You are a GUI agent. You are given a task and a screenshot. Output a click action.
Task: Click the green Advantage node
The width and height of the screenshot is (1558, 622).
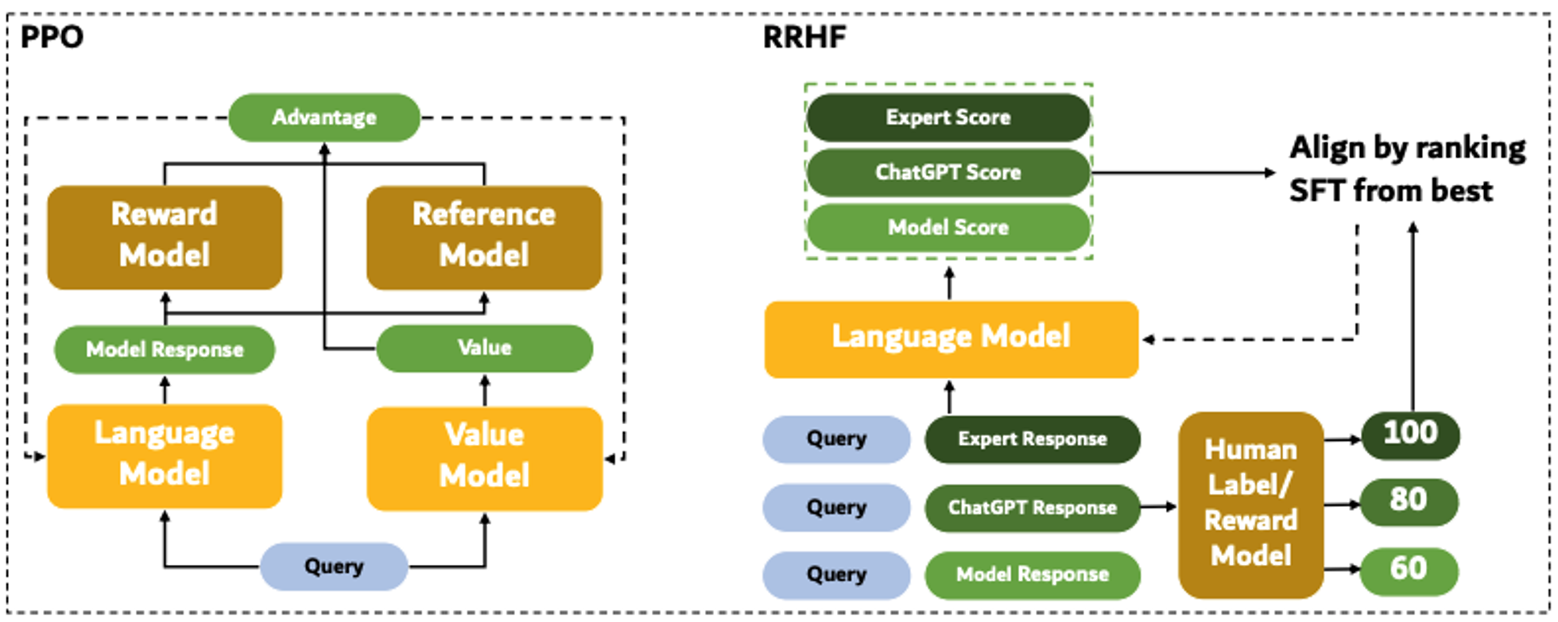324,118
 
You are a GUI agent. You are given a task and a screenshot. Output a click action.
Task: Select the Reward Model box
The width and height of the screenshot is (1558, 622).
165,237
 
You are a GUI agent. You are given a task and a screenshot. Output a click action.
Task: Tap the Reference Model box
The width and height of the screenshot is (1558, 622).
484,237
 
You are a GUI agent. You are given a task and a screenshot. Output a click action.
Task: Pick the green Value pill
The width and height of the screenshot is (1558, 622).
484,348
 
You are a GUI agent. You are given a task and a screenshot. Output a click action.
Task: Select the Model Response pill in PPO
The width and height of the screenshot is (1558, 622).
165,350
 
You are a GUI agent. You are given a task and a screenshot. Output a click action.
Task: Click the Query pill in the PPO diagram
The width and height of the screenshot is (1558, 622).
334,566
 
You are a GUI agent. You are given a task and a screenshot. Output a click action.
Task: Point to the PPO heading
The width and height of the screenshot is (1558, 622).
52,37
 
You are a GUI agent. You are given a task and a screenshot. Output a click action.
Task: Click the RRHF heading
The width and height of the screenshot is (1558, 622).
804,37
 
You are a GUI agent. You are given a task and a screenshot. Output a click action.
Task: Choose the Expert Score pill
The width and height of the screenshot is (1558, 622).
948,118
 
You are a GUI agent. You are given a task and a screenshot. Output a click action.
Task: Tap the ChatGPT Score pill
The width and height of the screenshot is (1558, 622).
948,172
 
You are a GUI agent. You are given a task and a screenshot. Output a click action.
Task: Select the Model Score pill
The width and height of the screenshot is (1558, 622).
948,228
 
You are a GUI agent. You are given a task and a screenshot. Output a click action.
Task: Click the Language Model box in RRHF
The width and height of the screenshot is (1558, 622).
951,339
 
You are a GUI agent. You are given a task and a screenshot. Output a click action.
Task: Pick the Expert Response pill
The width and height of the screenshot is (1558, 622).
1033,439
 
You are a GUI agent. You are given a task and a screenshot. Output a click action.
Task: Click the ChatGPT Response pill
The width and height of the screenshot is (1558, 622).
1033,508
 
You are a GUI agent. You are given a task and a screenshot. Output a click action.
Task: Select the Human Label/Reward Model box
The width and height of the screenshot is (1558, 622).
1251,504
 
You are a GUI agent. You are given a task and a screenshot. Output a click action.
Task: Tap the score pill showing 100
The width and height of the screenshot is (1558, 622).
1410,434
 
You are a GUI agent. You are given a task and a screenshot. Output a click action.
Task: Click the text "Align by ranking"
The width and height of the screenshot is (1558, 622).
1408,149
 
